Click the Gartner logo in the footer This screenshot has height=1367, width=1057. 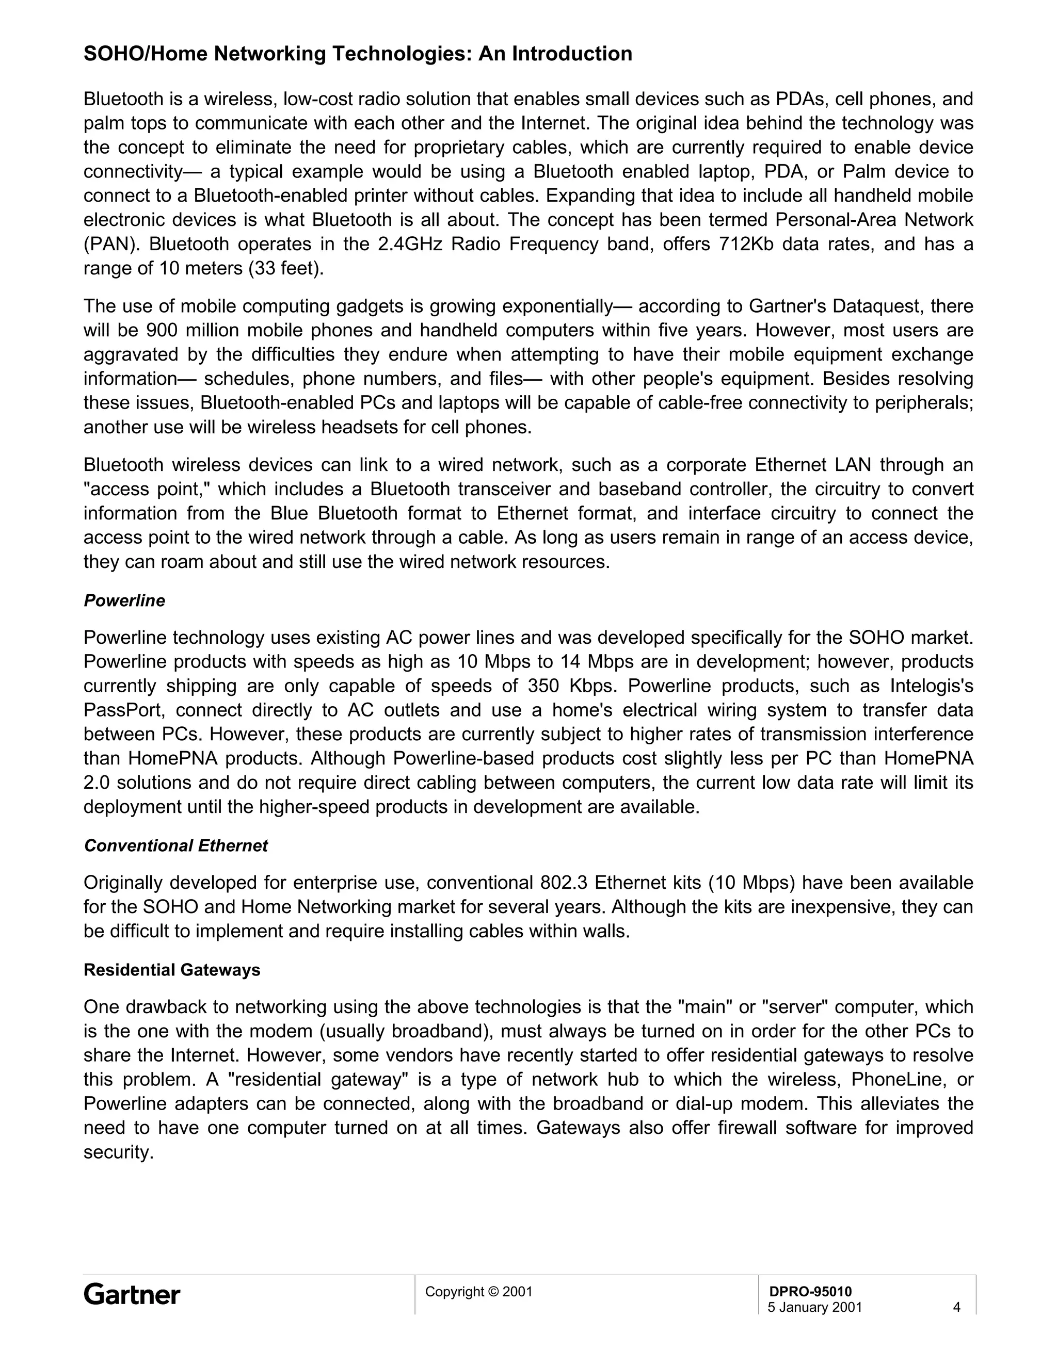132,1294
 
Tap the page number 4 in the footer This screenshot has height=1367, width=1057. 956,1308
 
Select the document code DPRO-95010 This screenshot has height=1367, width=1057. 810,1291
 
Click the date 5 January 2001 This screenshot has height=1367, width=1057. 814,1308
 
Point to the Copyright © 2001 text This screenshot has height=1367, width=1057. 478,1291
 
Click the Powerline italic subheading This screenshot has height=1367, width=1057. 124,601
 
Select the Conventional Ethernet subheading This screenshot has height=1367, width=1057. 176,845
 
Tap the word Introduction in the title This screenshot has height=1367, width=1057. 572,54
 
